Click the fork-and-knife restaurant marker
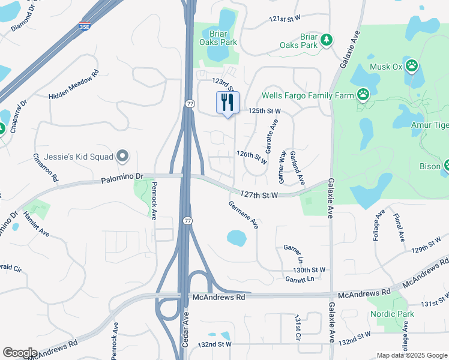[228, 103]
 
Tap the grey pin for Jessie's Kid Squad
[123, 157]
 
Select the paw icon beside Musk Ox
[412, 65]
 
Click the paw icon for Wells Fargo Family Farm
[363, 94]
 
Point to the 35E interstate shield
[84, 26]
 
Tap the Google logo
[20, 352]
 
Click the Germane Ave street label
[243, 214]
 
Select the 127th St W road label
[259, 194]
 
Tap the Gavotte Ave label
[271, 136]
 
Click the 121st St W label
[285, 20]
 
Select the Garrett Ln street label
[300, 280]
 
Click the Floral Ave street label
[399, 227]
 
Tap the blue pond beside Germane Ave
[237, 238]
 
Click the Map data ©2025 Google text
[411, 355]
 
